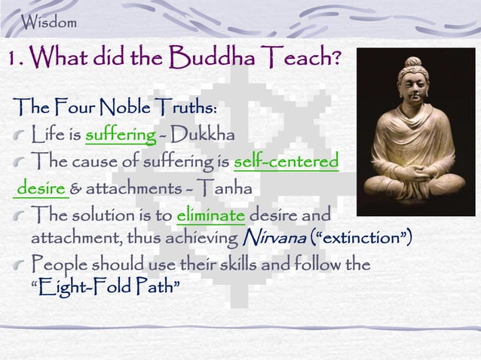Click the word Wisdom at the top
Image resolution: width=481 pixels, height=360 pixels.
tap(50, 22)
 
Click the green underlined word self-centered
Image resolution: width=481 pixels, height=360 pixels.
tap(286, 162)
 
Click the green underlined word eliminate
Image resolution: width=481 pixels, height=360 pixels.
tap(210, 213)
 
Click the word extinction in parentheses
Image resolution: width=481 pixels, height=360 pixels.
tap(357, 238)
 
